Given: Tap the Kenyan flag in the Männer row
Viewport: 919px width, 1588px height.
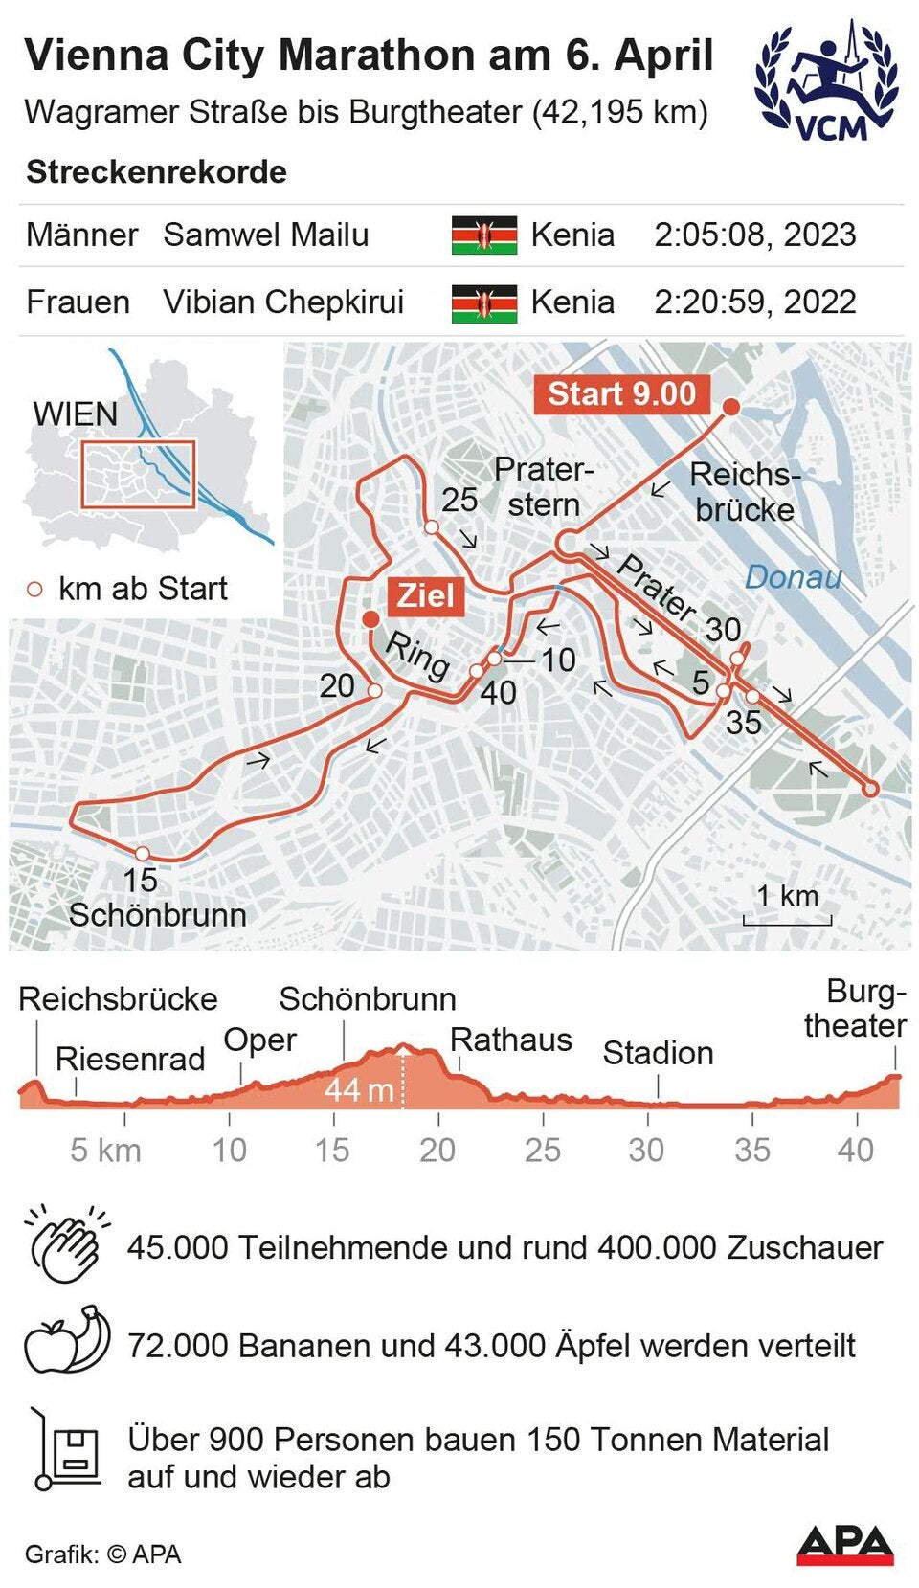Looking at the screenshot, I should click(x=484, y=235).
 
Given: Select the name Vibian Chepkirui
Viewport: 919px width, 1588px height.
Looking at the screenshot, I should click(x=283, y=302).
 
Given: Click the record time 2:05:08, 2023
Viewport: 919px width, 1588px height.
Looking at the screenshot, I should click(x=754, y=235).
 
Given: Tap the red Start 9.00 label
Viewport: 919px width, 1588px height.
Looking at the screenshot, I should click(x=621, y=394).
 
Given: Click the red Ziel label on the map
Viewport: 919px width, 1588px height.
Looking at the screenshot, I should click(x=425, y=595).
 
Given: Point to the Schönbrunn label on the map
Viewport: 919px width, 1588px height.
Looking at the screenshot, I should click(x=158, y=915).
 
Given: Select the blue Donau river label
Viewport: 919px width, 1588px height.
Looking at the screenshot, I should click(x=793, y=577).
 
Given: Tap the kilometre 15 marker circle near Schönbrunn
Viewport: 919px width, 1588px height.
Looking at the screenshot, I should click(x=142, y=854).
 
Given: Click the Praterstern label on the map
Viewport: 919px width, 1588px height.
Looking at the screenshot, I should click(x=544, y=487).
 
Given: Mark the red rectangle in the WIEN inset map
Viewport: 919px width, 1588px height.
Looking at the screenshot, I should click(x=138, y=474).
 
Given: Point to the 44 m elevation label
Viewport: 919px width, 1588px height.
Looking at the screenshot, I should click(x=359, y=1090).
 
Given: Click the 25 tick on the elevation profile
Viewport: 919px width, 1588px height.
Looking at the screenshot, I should click(x=543, y=1120).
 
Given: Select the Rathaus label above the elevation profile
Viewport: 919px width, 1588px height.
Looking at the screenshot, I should click(x=511, y=1040).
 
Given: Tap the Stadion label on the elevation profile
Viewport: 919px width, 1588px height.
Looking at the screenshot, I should click(x=658, y=1054).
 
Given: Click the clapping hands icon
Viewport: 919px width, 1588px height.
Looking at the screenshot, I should click(x=65, y=1245).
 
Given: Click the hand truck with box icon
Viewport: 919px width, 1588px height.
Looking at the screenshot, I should click(x=65, y=1449).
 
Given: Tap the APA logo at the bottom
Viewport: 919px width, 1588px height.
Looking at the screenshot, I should click(x=844, y=1545).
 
